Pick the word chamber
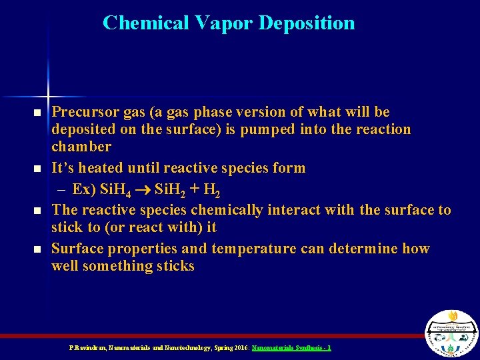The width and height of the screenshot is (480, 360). (x=81, y=147)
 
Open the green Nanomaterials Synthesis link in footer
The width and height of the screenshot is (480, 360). (x=291, y=348)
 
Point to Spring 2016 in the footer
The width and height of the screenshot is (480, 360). (x=231, y=348)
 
